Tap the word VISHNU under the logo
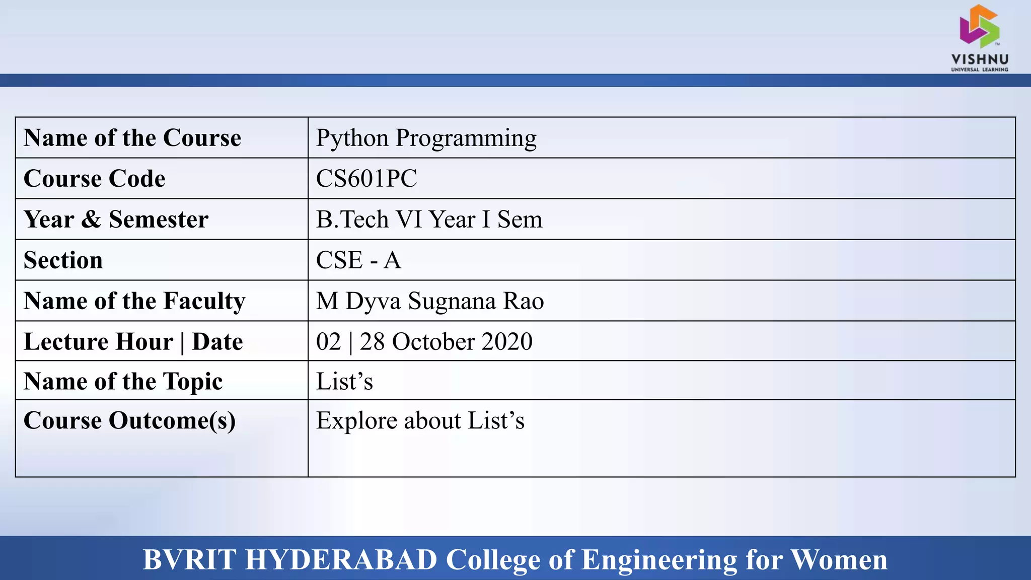(980, 59)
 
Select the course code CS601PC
(366, 179)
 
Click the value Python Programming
(426, 138)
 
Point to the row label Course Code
(95, 179)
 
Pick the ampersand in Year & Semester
(91, 220)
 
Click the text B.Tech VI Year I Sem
(429, 220)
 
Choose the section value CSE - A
(358, 260)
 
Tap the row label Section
(63, 260)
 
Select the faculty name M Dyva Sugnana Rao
(430, 301)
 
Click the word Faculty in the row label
(204, 301)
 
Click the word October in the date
(433, 342)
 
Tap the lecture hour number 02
(328, 342)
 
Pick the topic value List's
(344, 381)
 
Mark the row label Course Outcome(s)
(129, 421)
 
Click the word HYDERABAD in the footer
(341, 559)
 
